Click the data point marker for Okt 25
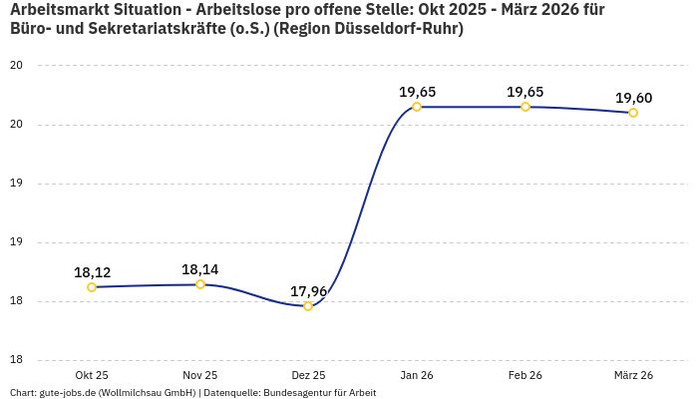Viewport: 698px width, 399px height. [92, 287]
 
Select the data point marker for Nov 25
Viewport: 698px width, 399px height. [200, 284]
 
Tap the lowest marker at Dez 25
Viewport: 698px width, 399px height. [308, 306]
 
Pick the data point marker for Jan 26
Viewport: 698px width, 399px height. [417, 107]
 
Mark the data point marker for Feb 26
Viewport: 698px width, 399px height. [525, 107]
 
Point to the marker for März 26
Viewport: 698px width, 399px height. [633, 113]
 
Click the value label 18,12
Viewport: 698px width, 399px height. [92, 272]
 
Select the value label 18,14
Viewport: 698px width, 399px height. [200, 269]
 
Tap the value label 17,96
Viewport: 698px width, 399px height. [308, 291]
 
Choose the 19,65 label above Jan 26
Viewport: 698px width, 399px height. [417, 92]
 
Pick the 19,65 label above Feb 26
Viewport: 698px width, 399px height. [525, 92]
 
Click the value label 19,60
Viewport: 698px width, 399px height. [633, 98]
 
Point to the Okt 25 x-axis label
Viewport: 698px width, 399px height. [92, 375]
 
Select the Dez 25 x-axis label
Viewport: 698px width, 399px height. [308, 375]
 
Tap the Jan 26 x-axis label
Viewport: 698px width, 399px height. [417, 375]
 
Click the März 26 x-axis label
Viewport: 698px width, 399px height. [633, 375]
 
